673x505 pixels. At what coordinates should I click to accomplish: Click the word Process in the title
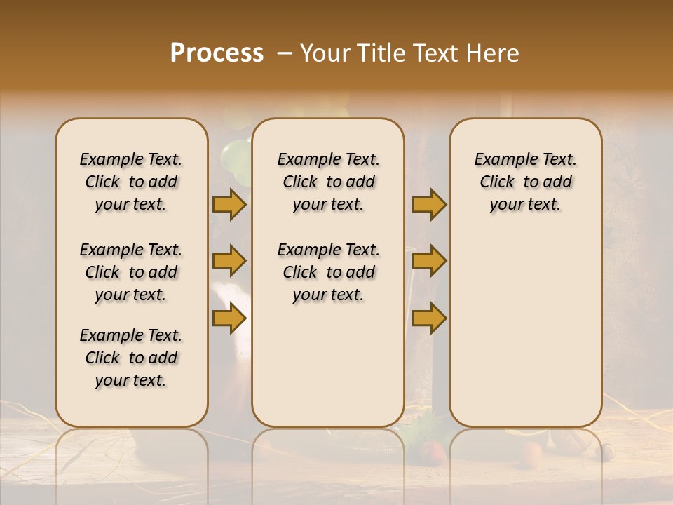pyautogui.click(x=217, y=53)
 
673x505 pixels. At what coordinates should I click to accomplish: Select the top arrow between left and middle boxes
pyautogui.click(x=229, y=204)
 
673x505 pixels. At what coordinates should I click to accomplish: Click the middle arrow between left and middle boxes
pyautogui.click(x=229, y=261)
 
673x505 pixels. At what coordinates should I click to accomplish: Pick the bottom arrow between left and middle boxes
pyautogui.click(x=229, y=318)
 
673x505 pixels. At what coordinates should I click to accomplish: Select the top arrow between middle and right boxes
pyautogui.click(x=429, y=204)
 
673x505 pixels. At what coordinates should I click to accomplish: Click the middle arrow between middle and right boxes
pyautogui.click(x=429, y=261)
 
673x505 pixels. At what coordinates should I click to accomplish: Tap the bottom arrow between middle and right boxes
pyautogui.click(x=429, y=318)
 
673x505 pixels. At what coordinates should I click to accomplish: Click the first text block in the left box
pyautogui.click(x=131, y=182)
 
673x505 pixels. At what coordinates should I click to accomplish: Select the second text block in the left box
pyautogui.click(x=131, y=272)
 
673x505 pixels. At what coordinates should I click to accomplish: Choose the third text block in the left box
pyautogui.click(x=131, y=358)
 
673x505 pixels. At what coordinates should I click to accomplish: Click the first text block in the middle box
pyautogui.click(x=328, y=182)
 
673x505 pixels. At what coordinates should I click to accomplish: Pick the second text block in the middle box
pyautogui.click(x=328, y=272)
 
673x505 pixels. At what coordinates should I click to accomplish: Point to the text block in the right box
pyautogui.click(x=525, y=182)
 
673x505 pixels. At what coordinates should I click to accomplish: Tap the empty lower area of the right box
pyautogui.click(x=525, y=330)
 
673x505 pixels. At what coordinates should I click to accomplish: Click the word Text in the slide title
pyautogui.click(x=430, y=53)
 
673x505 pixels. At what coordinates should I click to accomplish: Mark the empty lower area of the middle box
pyautogui.click(x=328, y=365)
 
